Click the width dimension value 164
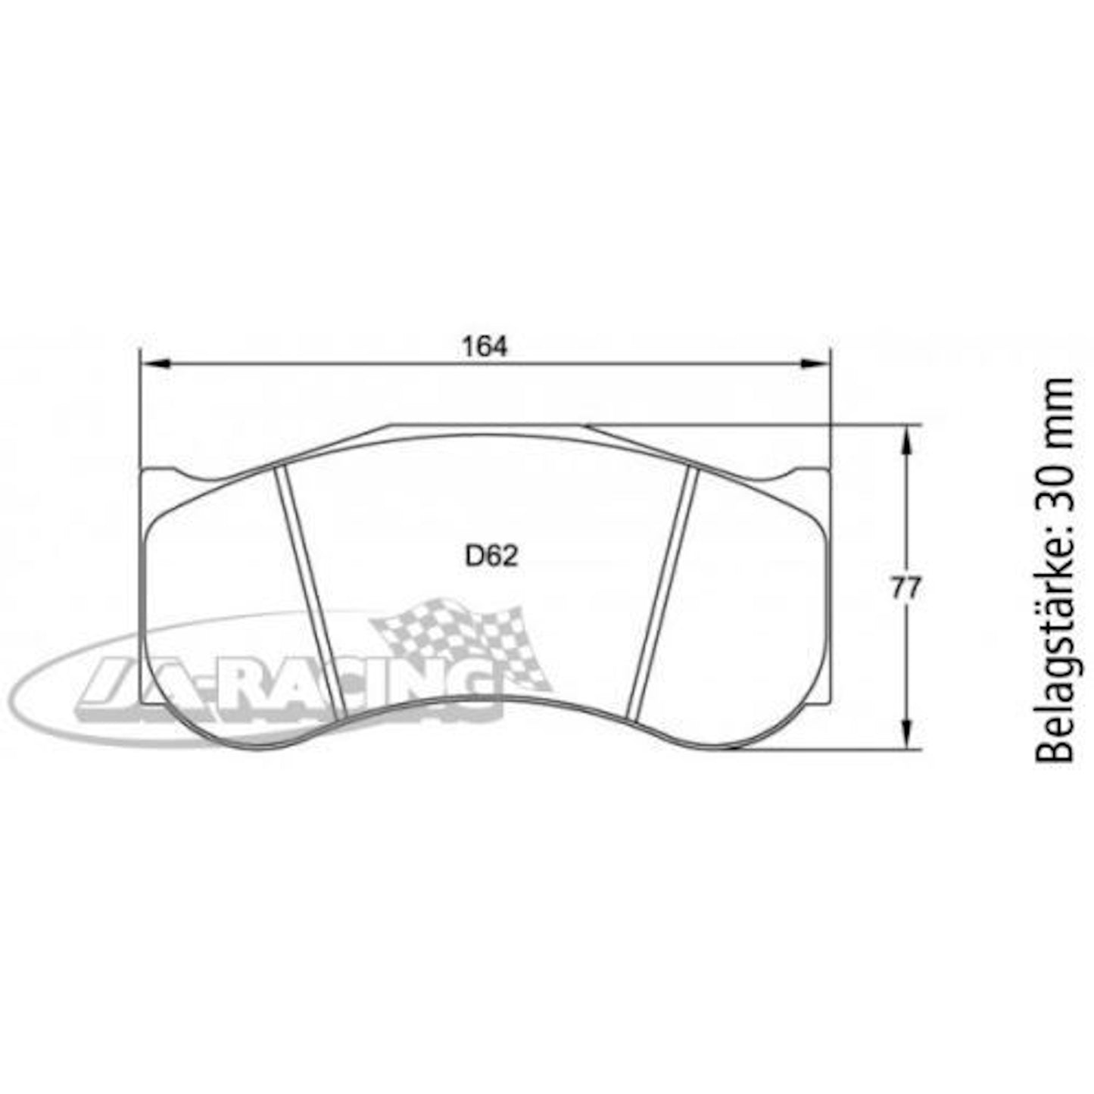click(x=485, y=348)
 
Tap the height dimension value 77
click(x=905, y=588)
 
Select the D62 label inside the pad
click(x=491, y=556)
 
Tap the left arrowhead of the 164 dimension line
click(x=155, y=364)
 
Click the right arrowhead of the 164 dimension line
click(x=814, y=364)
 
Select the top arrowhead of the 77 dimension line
click(x=907, y=439)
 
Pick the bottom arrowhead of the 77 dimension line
click(x=907, y=735)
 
